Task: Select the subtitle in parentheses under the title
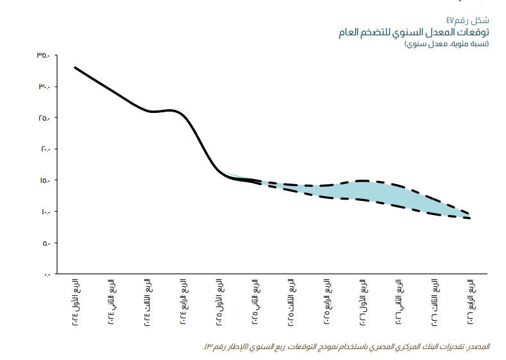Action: (x=446, y=44)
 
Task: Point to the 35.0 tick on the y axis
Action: (x=43, y=56)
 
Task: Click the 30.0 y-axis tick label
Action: (x=43, y=87)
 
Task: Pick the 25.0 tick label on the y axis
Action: (x=43, y=118)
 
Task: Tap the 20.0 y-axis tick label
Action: (x=43, y=150)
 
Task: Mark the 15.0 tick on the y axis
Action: (x=43, y=180)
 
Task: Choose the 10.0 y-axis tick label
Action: (x=43, y=212)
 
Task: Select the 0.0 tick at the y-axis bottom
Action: (x=46, y=274)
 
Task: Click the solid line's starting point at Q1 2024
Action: (x=76, y=67)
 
